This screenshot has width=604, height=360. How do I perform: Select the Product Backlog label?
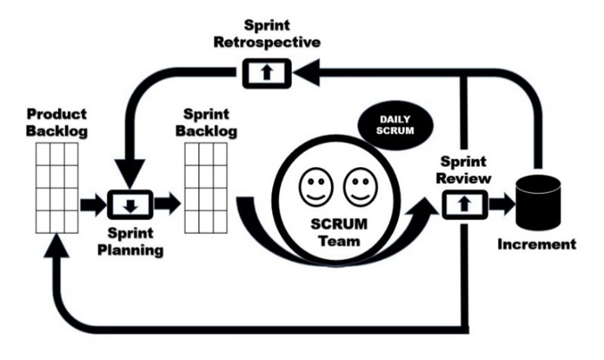click(x=57, y=123)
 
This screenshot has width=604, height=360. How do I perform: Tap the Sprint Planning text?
click(x=132, y=241)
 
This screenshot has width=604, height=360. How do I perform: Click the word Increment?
click(x=537, y=244)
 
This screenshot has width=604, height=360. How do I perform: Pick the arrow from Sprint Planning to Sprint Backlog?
click(x=167, y=203)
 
